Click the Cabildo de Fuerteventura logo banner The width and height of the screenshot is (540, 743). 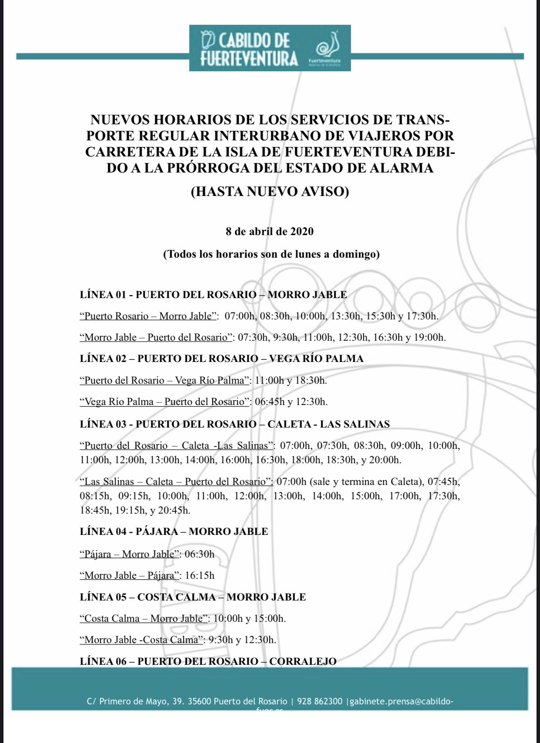click(270, 48)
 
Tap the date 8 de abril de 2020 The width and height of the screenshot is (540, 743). click(270, 231)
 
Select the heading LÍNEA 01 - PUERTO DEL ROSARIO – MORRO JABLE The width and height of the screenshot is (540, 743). click(213, 295)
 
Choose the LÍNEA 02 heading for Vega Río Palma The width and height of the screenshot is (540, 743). click(222, 358)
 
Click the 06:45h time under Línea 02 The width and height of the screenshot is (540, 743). click(270, 401)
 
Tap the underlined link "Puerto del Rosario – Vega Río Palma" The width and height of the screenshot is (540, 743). click(165, 380)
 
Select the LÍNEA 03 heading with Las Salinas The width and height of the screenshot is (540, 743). click(235, 424)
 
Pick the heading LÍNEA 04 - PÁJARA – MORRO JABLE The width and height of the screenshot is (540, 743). click(174, 531)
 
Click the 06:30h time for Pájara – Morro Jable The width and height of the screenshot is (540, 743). click(200, 554)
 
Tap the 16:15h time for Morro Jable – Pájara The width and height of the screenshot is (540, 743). click(200, 575)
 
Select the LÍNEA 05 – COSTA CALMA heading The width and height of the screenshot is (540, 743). click(193, 597)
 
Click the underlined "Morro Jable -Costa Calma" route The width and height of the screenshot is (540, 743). click(141, 640)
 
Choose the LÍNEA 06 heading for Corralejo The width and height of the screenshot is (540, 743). click(208, 661)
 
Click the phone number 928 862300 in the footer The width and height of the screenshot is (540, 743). click(320, 701)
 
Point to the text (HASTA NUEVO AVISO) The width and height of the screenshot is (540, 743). click(270, 192)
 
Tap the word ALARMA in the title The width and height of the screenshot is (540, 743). click(401, 168)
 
